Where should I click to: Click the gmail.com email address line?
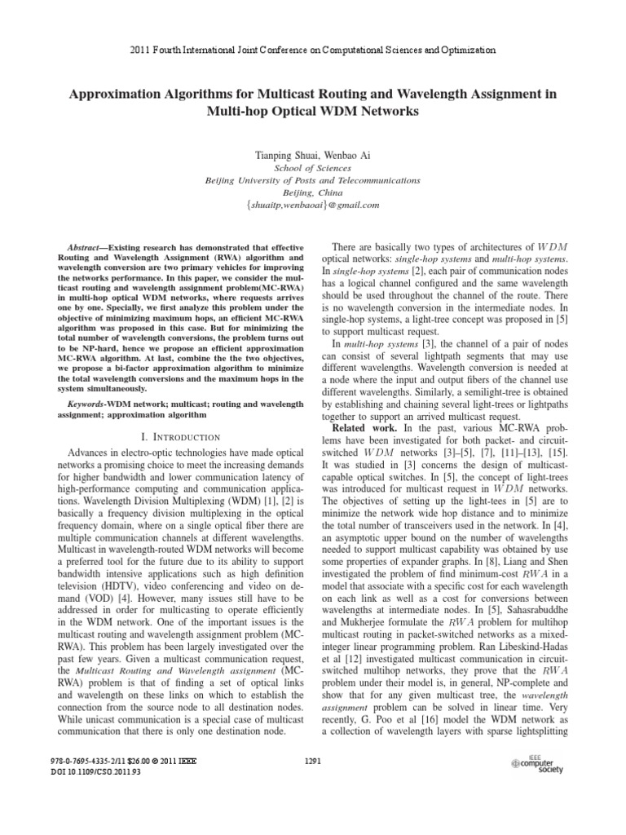coord(312,205)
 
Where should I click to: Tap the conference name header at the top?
coord(313,50)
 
